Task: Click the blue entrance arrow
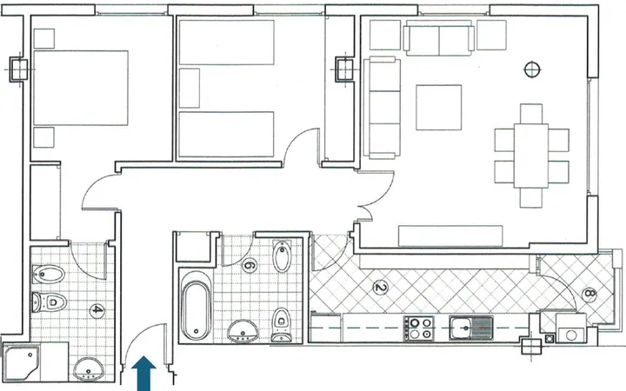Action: click(143, 373)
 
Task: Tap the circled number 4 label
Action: click(97, 310)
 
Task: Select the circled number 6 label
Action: click(249, 265)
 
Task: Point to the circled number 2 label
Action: click(380, 288)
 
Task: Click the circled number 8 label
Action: click(589, 295)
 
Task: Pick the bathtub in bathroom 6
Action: click(196, 306)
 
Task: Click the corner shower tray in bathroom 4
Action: click(21, 363)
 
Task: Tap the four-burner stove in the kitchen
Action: click(418, 328)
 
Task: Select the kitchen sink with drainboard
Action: click(471, 328)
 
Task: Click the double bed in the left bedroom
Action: click(81, 88)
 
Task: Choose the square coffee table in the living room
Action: click(439, 108)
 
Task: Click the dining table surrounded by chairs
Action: click(531, 156)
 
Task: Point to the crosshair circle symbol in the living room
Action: click(532, 70)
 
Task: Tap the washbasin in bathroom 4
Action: click(89, 369)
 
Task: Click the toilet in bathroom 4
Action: click(49, 302)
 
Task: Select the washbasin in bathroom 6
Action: click(243, 331)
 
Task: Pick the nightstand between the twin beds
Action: click(190, 88)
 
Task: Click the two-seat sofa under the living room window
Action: click(439, 40)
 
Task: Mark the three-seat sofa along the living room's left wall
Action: click(382, 108)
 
